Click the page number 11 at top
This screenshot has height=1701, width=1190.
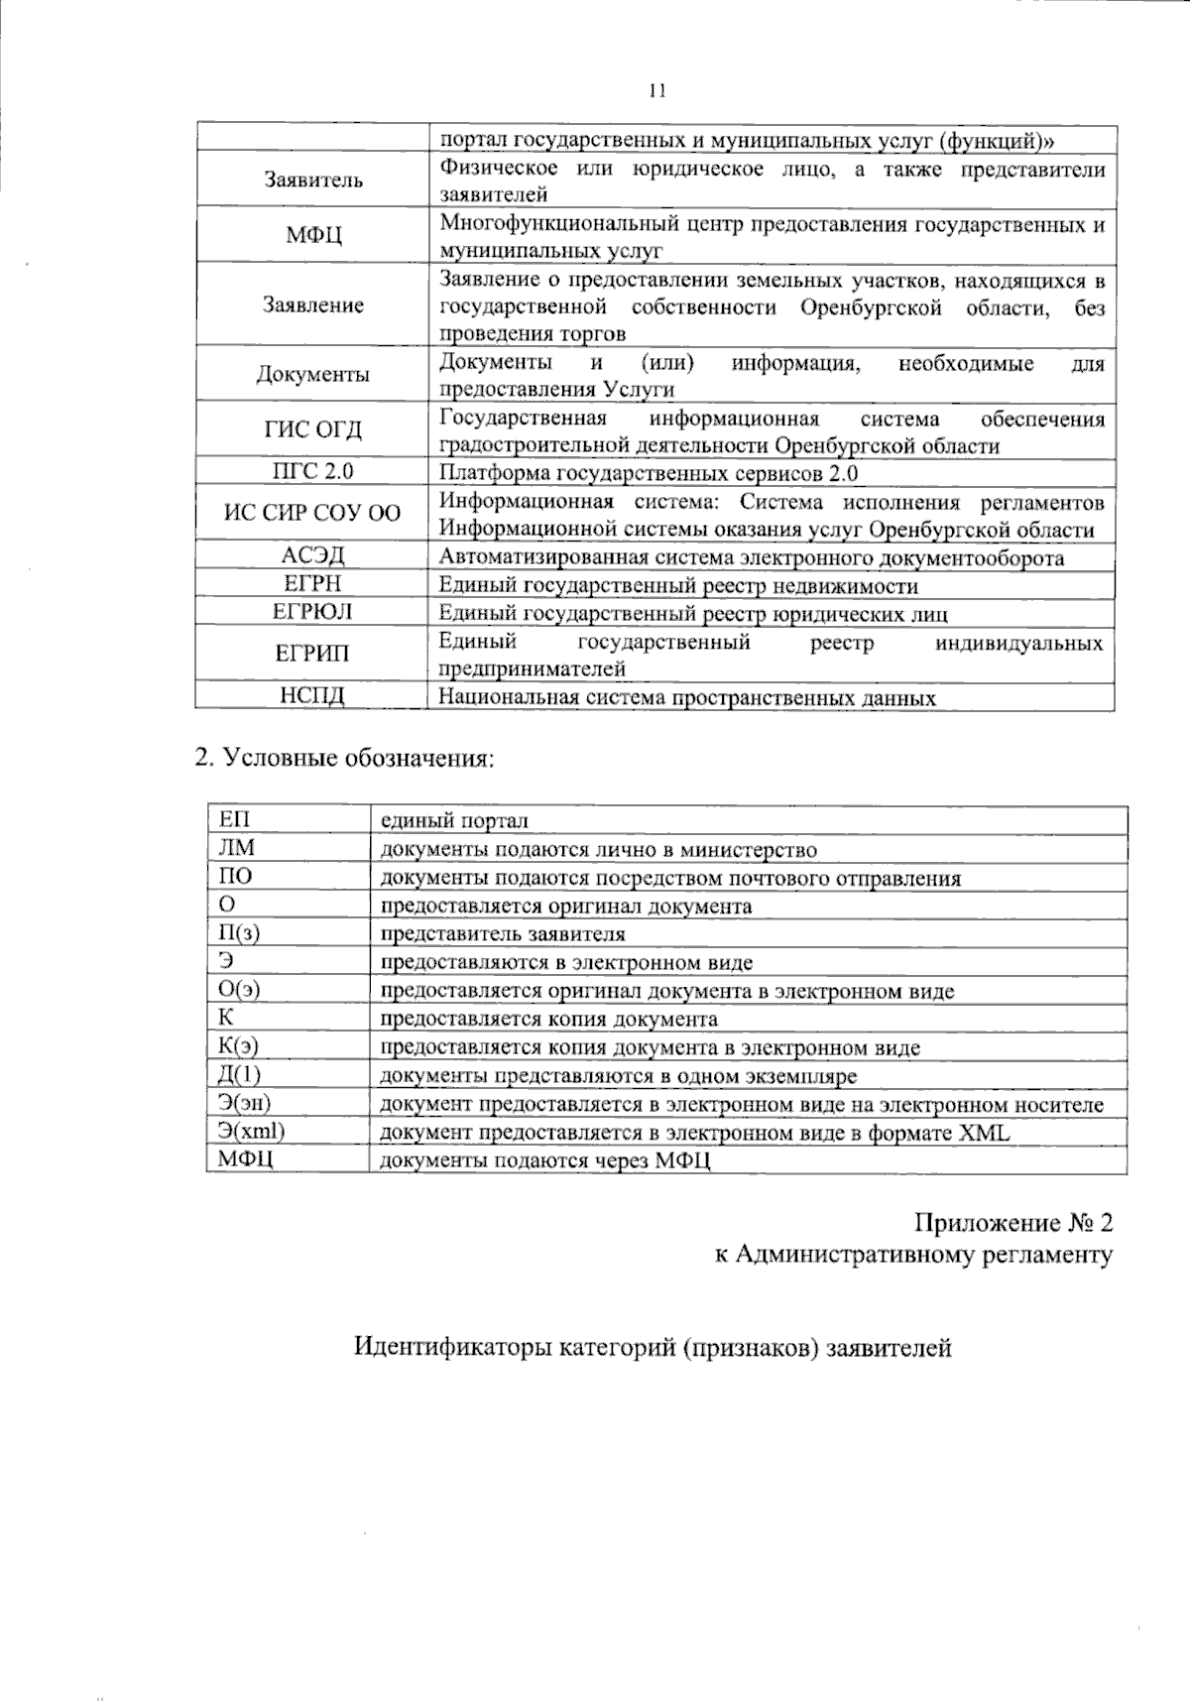tap(655, 91)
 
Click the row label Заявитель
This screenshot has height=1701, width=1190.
tap(312, 181)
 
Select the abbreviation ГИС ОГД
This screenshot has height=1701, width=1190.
tap(312, 429)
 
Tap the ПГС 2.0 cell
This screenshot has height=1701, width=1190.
tap(312, 471)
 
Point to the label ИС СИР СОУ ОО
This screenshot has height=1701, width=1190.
tap(312, 514)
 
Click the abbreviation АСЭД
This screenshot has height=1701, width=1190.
tap(312, 555)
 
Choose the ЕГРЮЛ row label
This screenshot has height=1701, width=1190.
tap(312, 612)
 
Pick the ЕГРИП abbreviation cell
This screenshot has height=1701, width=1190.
tap(312, 654)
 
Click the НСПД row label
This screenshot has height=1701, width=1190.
tap(312, 696)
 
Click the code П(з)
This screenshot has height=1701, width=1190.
tap(239, 933)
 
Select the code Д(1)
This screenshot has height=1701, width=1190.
tap(239, 1075)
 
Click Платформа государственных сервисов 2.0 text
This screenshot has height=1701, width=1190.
tap(649, 472)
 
